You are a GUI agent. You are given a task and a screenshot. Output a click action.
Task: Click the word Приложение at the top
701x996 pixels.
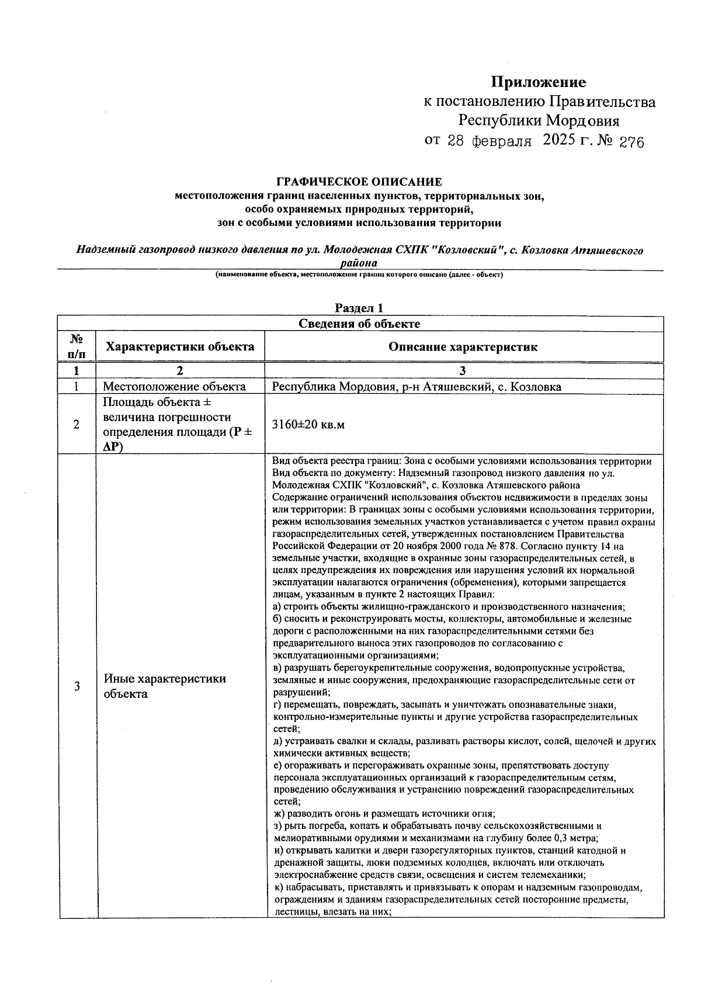538,82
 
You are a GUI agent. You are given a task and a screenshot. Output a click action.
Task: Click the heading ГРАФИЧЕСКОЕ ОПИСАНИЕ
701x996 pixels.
359,182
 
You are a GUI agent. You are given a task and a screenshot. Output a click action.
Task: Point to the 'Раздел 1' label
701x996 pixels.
359,308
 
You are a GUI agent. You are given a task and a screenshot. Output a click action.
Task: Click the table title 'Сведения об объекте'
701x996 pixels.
359,324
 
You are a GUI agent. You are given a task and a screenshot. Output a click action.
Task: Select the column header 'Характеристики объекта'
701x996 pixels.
180,346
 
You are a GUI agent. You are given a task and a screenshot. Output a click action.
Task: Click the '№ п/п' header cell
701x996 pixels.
76,346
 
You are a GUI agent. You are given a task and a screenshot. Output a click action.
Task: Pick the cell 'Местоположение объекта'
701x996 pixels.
174,387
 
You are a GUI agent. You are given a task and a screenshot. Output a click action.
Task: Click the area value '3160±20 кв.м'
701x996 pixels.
308,424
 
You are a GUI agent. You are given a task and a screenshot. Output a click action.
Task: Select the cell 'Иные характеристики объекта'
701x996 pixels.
165,686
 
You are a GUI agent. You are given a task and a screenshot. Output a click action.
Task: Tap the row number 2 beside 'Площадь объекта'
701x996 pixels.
77,425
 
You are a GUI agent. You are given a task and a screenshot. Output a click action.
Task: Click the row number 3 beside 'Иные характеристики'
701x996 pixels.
77,686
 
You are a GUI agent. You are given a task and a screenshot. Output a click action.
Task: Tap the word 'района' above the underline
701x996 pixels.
359,263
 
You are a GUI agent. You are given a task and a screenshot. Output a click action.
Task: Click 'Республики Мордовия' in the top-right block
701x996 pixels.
538,121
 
